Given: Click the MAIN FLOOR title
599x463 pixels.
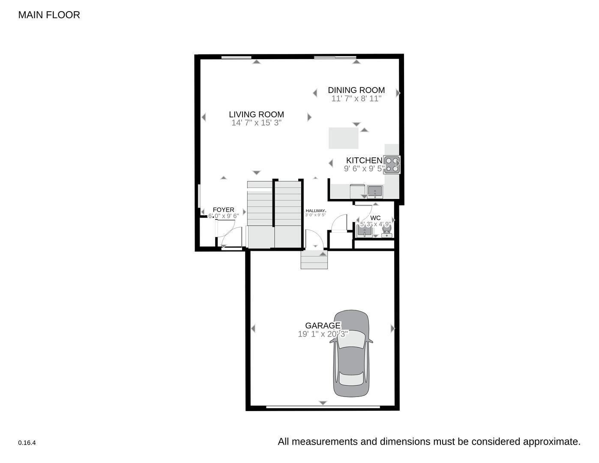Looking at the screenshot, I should pos(49,15).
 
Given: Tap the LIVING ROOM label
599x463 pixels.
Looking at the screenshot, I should pos(256,114).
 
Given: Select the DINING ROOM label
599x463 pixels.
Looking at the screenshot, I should pos(356,90).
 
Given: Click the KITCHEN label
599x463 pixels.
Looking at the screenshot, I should pos(364,160).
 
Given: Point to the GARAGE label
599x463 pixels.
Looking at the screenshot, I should pos(323,326).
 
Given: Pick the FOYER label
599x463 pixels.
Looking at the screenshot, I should pos(223,210).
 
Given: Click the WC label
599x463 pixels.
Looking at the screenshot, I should pos(375,218).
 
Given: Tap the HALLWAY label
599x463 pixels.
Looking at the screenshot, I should pos(315,210).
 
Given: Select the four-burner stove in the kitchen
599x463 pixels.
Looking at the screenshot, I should pos(392,165).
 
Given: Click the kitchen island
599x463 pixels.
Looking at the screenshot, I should pos(343,138).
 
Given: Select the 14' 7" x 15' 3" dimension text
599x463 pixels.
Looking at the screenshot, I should pos(256,123).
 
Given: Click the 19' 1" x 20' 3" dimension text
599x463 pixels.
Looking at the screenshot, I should pos(323,334).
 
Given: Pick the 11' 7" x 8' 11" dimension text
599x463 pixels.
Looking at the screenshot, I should pos(356,99).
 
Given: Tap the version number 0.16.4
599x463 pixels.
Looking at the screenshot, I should pos(27,443).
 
